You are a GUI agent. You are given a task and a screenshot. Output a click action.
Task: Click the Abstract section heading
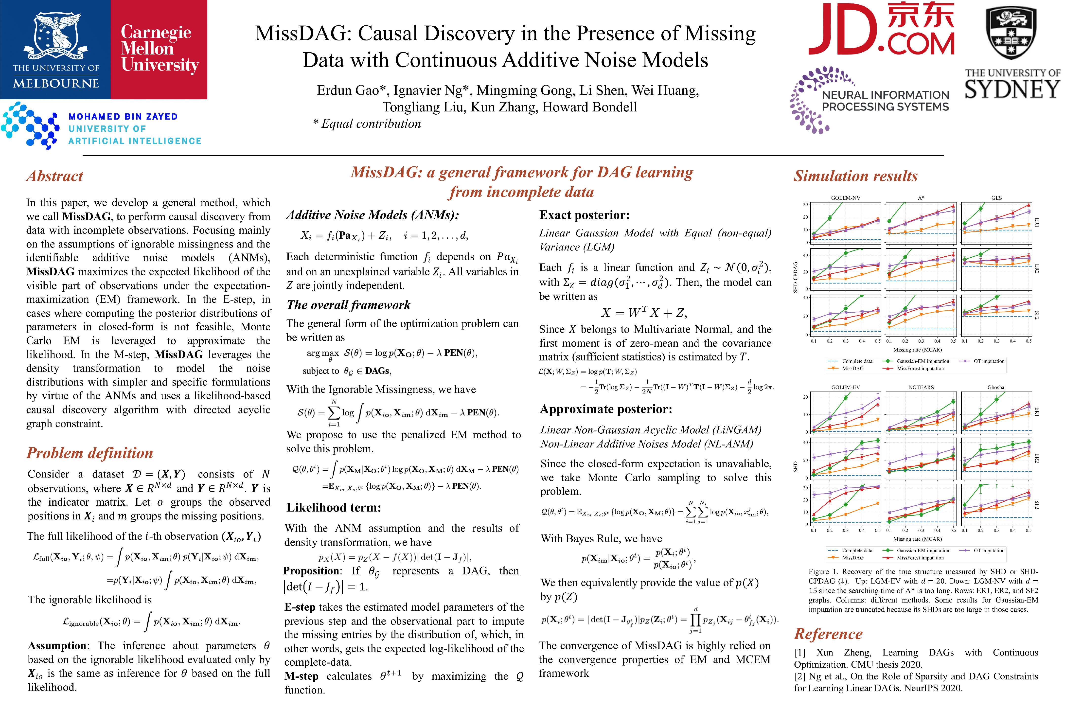pyautogui.click(x=55, y=176)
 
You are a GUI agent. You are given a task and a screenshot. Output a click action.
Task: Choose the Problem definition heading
pyautogui.click(x=90, y=453)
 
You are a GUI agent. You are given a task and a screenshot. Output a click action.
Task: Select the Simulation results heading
pyautogui.click(x=855, y=176)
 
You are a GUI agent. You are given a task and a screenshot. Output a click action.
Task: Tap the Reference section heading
pyautogui.click(x=828, y=634)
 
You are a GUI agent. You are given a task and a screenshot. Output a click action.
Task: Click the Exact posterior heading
pyautogui.click(x=584, y=215)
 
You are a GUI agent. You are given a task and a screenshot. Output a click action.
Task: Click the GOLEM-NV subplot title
pyautogui.click(x=845, y=198)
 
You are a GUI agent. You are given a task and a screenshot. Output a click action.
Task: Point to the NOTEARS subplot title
pyautogui.click(x=921, y=388)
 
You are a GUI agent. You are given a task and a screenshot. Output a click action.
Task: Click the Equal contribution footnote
pyautogui.click(x=367, y=124)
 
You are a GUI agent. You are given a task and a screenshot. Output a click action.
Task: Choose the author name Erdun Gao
pyautogui.click(x=347, y=90)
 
